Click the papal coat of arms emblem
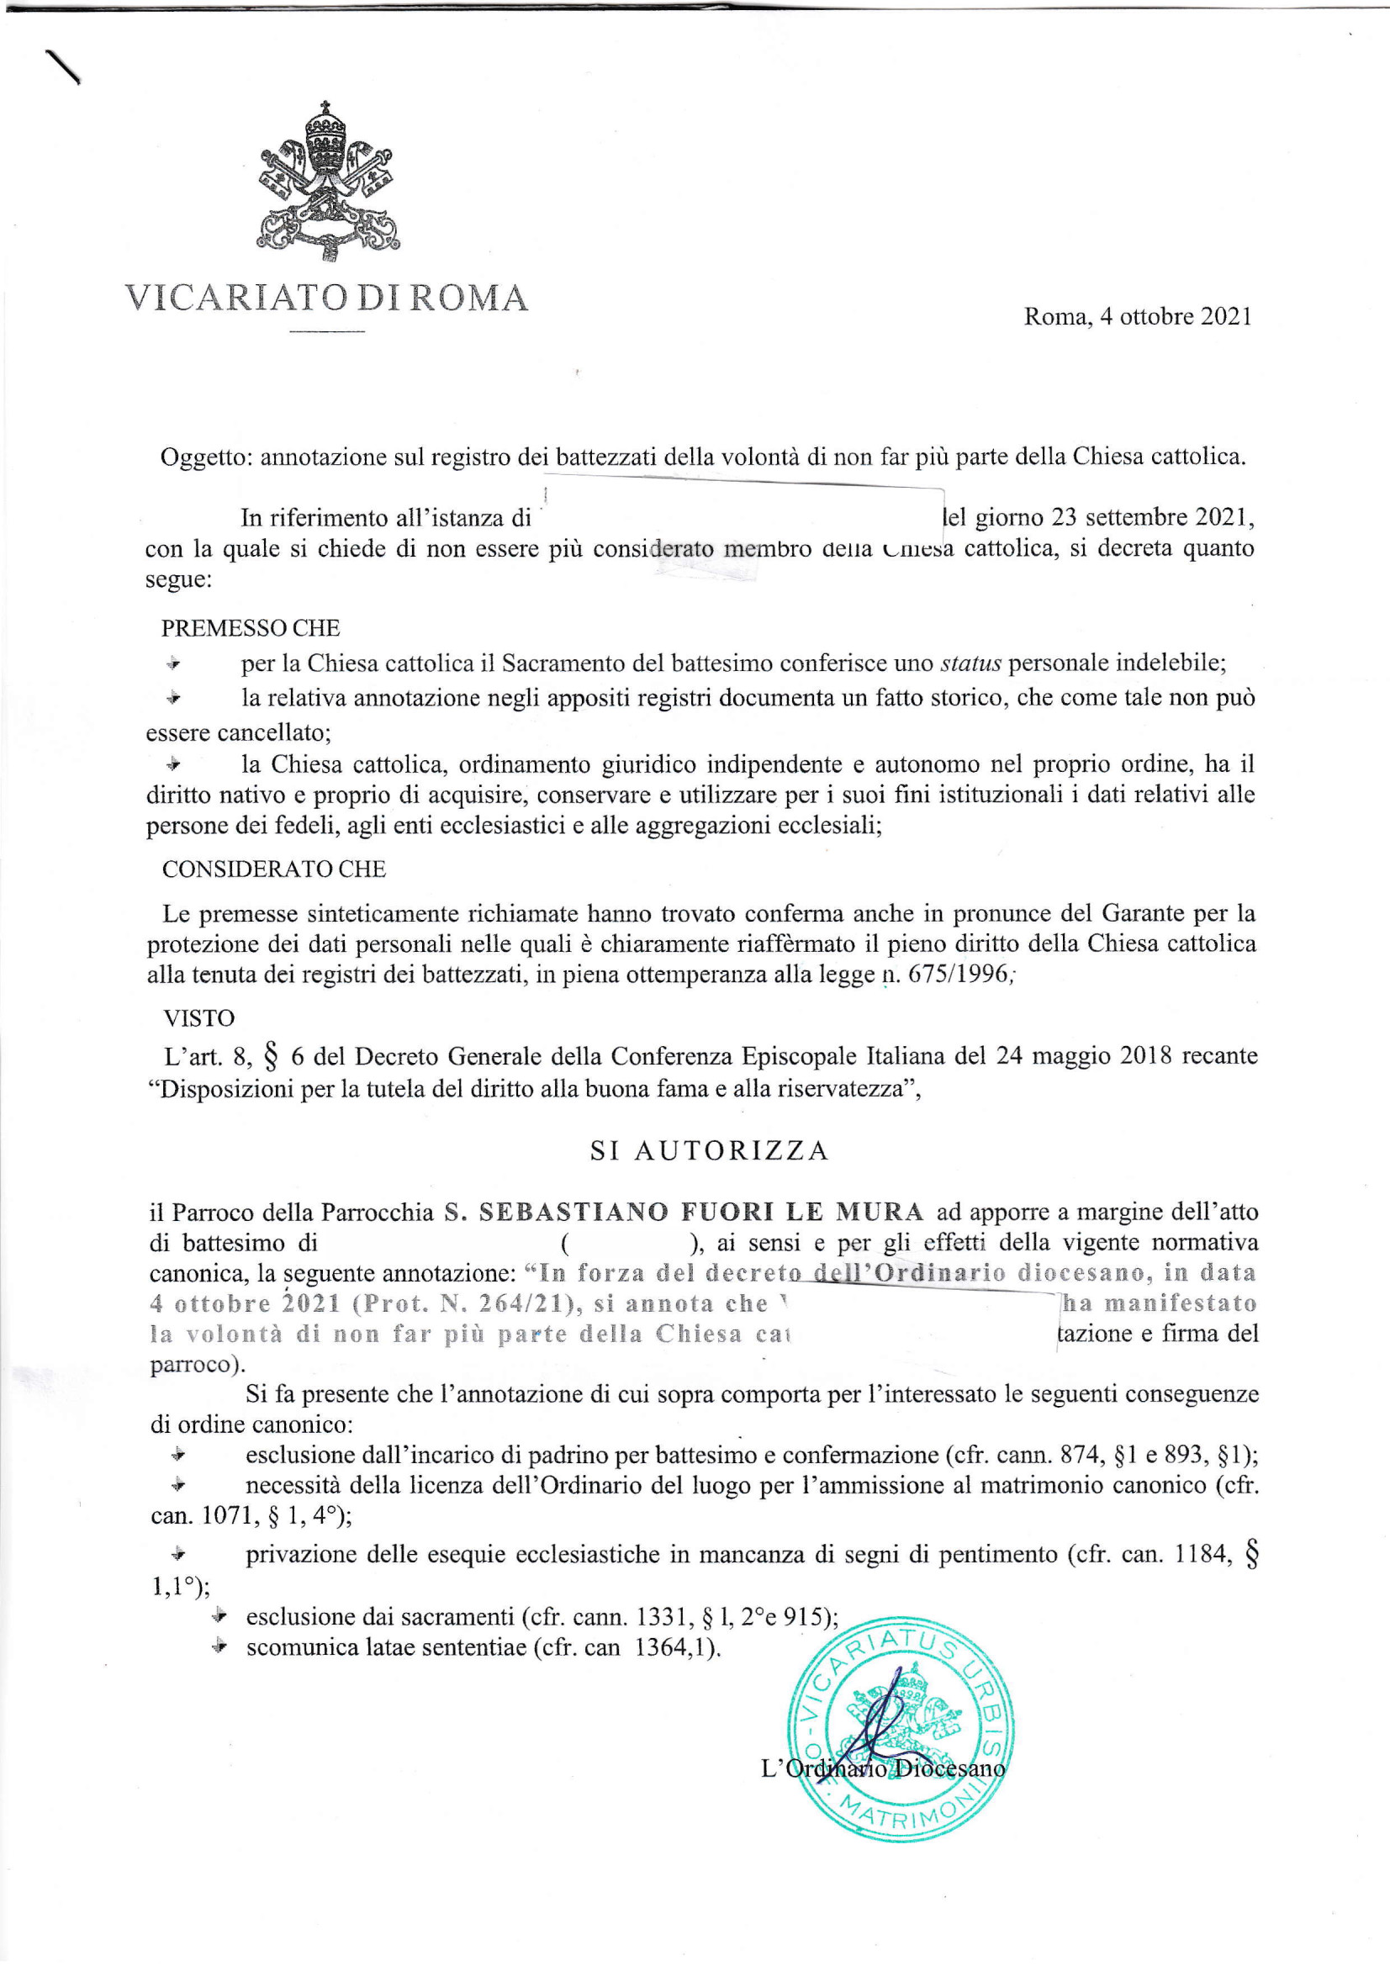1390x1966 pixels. click(329, 182)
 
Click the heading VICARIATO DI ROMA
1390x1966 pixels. click(326, 298)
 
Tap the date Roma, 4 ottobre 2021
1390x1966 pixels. click(1138, 317)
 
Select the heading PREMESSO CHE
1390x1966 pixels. click(250, 627)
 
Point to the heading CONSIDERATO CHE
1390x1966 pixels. click(274, 869)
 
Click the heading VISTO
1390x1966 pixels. click(198, 1018)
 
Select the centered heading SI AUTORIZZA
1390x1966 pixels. click(709, 1150)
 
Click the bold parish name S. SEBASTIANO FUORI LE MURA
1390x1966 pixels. click(684, 1212)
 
